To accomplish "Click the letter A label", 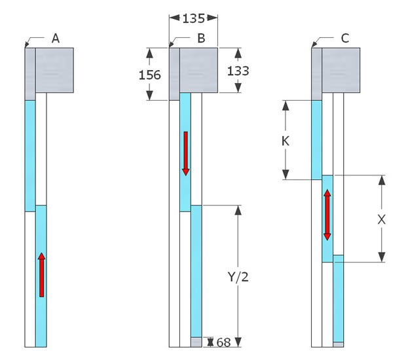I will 56,39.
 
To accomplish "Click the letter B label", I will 201,39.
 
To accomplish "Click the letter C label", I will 345,39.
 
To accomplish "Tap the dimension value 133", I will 237,71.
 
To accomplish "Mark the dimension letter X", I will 382,220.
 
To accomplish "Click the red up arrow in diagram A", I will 41,275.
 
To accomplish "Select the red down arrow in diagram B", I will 185,153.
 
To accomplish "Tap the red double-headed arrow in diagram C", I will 327,215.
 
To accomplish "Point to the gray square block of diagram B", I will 199,71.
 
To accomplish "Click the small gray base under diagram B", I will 196,342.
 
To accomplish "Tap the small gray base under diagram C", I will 339,343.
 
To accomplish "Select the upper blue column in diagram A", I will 30,156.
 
